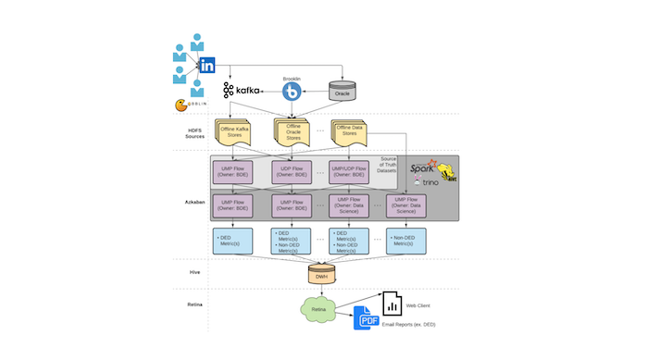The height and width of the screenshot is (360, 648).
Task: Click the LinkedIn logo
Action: [207, 66]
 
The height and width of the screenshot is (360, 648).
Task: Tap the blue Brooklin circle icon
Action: [293, 92]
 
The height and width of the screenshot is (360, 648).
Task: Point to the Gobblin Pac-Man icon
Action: [183, 106]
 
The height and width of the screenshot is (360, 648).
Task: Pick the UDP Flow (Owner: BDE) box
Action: [293, 171]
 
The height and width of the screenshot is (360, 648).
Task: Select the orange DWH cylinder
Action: [321, 275]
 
